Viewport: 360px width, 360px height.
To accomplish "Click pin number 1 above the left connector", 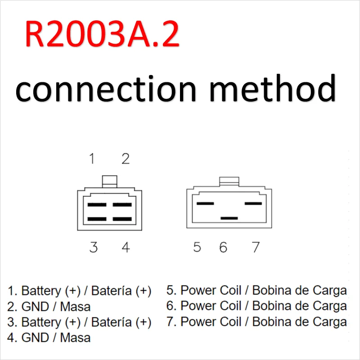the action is [x=92, y=159].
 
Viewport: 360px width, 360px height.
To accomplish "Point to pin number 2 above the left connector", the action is [x=126, y=159].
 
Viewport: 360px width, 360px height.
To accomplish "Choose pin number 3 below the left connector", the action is [x=93, y=247].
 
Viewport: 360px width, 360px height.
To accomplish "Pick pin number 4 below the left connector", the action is [x=126, y=247].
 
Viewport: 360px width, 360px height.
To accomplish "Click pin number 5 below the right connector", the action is [x=197, y=247].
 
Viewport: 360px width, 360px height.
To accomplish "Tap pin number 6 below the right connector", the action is [x=223, y=247].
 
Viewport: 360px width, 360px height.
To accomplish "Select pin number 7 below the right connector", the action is [x=256, y=247].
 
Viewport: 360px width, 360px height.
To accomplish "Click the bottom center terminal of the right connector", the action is [x=229, y=218].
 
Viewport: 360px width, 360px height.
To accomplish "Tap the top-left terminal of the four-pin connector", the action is [x=97, y=205].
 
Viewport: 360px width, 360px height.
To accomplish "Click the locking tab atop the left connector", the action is [x=109, y=181].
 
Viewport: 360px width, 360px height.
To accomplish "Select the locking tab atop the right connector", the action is [x=229, y=181].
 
